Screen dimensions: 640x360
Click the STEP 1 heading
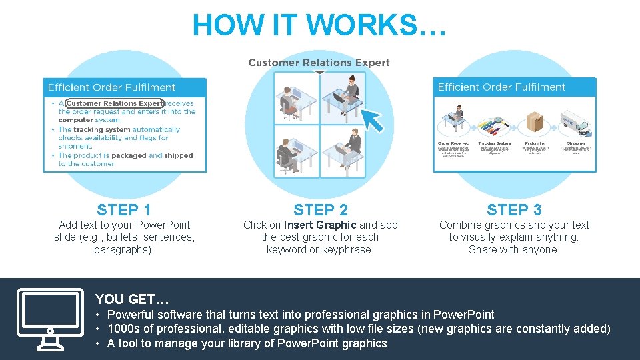[124, 210]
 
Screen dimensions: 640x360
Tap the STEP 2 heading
[321, 210]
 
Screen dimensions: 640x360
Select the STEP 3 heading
[514, 210]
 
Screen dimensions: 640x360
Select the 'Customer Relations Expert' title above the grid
[319, 63]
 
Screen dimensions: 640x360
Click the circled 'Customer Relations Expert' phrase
[114, 103]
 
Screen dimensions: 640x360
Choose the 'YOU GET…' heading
[132, 299]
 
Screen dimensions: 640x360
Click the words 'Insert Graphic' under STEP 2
[320, 225]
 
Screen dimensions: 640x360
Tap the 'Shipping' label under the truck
[575, 143]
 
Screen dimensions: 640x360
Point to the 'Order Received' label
[453, 143]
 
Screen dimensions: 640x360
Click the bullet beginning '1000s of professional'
[359, 329]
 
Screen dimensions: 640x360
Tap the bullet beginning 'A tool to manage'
[247, 343]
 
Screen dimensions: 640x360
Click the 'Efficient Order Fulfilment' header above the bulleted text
[111, 87]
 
